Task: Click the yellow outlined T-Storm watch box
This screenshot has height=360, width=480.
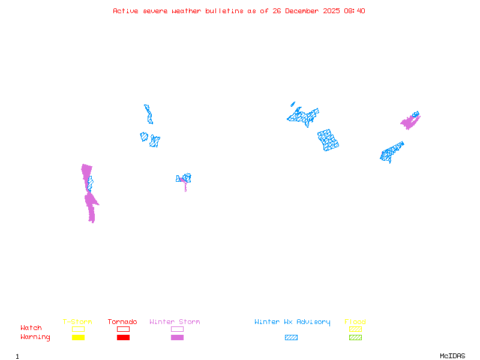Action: pyautogui.click(x=78, y=329)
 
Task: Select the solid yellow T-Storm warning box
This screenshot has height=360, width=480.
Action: pyautogui.click(x=78, y=338)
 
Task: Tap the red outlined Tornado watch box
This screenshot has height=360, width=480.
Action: pyautogui.click(x=123, y=329)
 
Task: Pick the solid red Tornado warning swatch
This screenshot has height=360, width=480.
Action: pyautogui.click(x=123, y=338)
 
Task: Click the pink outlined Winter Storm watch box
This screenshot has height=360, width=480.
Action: pyautogui.click(x=177, y=329)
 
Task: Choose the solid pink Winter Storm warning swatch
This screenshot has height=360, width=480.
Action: pyautogui.click(x=177, y=338)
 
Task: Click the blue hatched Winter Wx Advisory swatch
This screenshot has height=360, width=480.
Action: pyautogui.click(x=291, y=338)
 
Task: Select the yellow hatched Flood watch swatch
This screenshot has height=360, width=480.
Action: pyautogui.click(x=355, y=329)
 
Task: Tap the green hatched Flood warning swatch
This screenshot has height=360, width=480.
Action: pyautogui.click(x=355, y=338)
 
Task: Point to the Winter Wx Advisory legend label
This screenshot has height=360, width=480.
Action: pyautogui.click(x=292, y=322)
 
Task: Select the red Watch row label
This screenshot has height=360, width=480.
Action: pyautogui.click(x=31, y=328)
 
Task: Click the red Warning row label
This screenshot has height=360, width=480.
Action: pyautogui.click(x=35, y=337)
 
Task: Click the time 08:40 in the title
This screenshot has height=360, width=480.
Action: pyautogui.click(x=355, y=11)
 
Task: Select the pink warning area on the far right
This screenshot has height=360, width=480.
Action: pyautogui.click(x=410, y=122)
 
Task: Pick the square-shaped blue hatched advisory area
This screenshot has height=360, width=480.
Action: pyautogui.click(x=328, y=140)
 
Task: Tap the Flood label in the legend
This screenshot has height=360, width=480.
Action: pyautogui.click(x=355, y=322)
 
